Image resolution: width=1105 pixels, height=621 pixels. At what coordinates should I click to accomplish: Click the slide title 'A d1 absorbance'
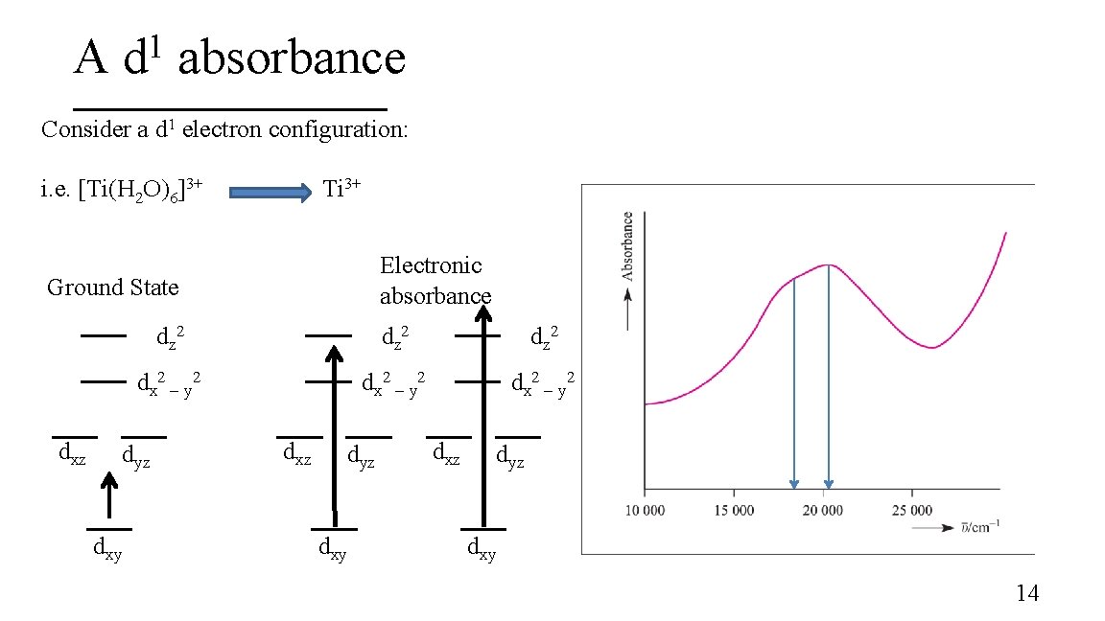point(240,59)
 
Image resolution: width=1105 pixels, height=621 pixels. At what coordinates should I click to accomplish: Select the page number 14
point(1026,593)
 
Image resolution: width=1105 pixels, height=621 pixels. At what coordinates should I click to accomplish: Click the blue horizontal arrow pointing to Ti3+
point(270,193)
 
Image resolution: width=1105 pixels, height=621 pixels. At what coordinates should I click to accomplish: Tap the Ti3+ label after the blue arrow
point(341,188)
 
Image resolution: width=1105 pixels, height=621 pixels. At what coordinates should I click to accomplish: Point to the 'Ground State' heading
point(112,287)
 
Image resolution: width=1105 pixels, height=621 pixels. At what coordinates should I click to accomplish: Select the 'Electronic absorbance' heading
point(435,280)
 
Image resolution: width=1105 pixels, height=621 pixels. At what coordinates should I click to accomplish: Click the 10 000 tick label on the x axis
point(646,510)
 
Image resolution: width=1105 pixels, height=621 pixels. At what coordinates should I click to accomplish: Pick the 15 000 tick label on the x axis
point(735,510)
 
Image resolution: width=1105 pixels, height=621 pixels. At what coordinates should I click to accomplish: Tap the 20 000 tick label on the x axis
point(823,510)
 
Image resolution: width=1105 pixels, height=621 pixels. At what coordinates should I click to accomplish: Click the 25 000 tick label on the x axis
point(912,510)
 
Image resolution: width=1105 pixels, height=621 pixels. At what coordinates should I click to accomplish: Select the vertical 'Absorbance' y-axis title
point(628,245)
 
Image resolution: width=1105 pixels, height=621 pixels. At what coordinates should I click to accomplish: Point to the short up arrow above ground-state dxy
point(109,497)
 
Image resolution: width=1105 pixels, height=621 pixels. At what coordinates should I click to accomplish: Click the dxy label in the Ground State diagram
point(106,549)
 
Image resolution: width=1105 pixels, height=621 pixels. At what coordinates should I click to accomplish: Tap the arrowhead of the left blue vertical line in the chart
point(794,484)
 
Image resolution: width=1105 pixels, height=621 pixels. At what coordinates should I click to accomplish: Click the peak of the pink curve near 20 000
point(826,264)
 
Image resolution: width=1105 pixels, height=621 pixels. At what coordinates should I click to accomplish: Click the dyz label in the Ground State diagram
point(135,459)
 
